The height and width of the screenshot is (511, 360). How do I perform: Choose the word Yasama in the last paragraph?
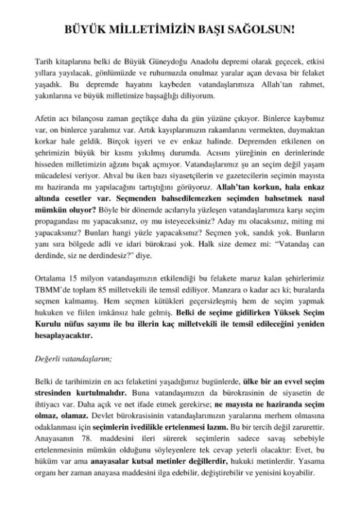(312, 466)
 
